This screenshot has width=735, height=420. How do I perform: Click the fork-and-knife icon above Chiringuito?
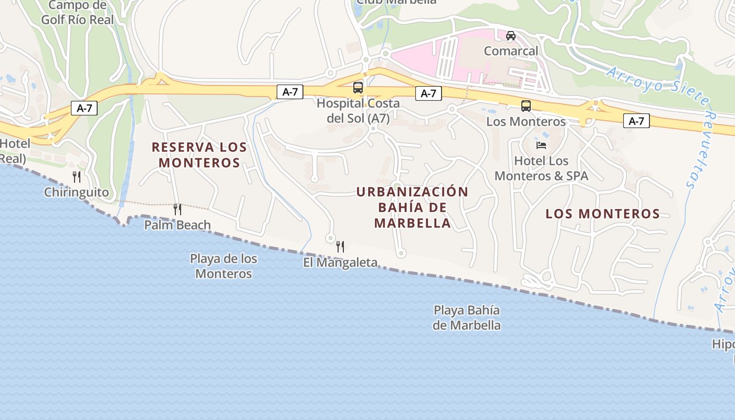pos(77,177)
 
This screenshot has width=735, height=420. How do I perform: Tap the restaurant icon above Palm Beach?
pos(177,209)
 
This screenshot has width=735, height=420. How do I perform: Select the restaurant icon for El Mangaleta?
pos(340,246)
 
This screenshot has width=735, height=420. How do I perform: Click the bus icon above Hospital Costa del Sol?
pos(358,88)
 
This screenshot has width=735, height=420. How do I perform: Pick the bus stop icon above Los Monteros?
pos(526,106)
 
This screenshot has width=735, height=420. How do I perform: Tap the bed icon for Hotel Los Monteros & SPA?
pos(541,145)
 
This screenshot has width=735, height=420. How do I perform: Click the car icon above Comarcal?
pos(511,36)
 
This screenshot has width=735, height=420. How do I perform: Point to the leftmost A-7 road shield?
pos(85,108)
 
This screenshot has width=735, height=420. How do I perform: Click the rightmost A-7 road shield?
pos(636,121)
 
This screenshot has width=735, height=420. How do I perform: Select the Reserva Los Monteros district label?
pos(199,155)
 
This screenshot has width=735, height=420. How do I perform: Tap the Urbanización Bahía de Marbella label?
pos(412,207)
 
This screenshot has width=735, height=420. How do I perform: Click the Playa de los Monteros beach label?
pos(224,266)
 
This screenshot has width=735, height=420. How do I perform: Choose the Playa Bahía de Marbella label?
pos(467,318)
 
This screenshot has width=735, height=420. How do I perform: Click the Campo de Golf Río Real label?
pos(77,13)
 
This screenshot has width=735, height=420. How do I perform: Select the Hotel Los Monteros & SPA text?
pos(541,168)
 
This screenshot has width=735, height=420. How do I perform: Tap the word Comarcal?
pos(511,51)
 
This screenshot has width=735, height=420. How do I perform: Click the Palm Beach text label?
pos(177,225)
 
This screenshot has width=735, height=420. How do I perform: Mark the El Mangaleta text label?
pos(340,262)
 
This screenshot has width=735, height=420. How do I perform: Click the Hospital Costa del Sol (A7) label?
pos(358,111)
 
